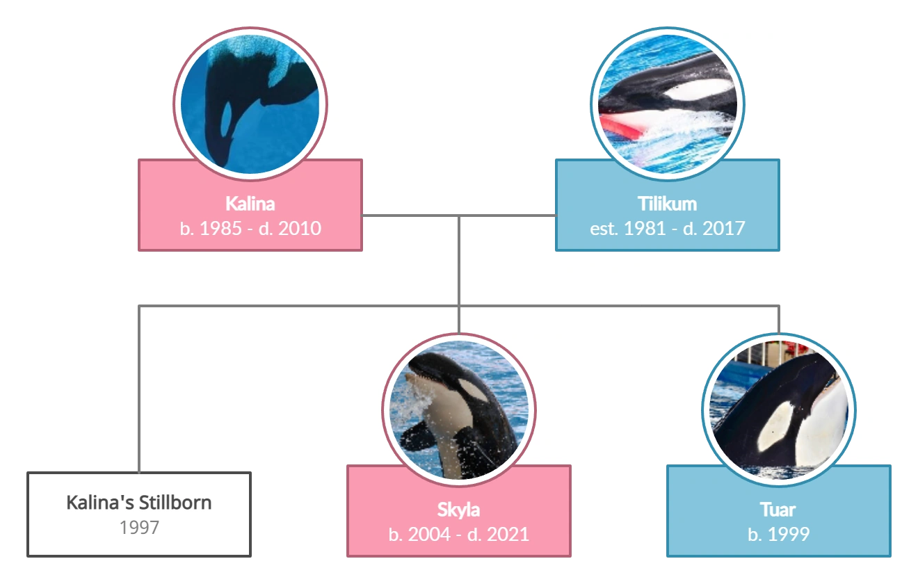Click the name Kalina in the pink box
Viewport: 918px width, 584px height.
(250, 204)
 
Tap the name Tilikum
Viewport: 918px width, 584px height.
(667, 204)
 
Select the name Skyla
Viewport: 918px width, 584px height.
(458, 510)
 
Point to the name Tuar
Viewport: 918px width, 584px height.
(778, 510)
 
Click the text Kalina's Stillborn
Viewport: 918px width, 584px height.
(139, 502)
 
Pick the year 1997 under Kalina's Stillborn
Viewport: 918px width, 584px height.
(139, 528)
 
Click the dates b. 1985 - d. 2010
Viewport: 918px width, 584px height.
(250, 228)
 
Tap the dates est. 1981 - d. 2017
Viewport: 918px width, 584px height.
(667, 228)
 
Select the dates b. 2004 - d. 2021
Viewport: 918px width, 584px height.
(458, 534)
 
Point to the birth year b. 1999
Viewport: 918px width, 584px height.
(778, 534)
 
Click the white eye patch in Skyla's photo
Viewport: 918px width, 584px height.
(474, 391)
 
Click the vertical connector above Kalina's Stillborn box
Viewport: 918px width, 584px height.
(139, 389)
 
